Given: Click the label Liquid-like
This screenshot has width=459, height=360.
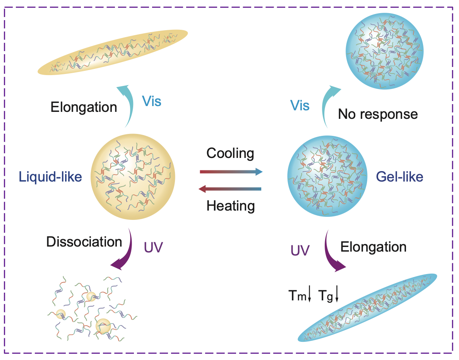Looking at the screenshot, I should point(50,177).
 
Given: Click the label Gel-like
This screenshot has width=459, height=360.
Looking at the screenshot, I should point(400,177).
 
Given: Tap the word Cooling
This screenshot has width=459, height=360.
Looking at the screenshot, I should point(230,153).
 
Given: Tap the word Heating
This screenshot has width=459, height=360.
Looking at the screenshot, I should point(231,205).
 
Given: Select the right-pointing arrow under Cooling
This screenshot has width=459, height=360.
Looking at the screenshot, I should point(231,171).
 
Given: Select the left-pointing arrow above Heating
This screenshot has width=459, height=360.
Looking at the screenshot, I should point(230,189).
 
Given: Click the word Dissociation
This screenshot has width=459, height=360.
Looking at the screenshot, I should point(84,242).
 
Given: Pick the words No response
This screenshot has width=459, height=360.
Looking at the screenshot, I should point(378,114).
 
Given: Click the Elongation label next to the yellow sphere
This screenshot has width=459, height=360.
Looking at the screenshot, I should point(84,107).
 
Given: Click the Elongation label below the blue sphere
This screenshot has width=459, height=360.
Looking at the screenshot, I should point(373,247).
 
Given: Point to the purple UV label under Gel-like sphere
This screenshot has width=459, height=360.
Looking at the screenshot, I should point(300,251).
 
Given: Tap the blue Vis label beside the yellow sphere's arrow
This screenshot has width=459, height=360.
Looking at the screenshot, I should point(151,101).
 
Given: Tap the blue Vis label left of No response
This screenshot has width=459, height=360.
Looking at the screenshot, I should point(300,106).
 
